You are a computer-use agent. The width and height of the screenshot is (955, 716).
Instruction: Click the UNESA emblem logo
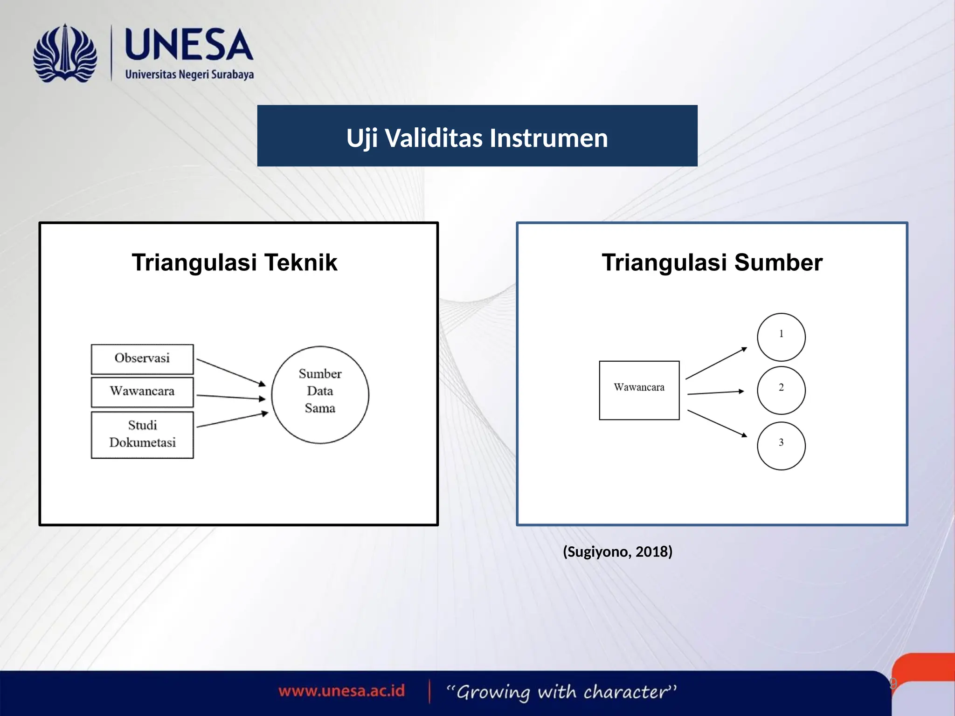65,54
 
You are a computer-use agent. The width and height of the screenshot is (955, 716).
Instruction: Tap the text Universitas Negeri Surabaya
189,75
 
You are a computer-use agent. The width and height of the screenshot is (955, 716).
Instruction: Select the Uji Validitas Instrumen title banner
477,136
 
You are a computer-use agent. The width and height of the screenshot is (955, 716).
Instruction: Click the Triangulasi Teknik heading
234,262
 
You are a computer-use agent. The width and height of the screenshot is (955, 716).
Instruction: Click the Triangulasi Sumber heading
712,262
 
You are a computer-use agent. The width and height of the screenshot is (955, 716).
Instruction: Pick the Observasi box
142,359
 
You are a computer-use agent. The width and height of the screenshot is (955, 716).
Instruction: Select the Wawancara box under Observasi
142,392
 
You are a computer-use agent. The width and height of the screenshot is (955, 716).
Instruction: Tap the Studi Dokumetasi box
142,434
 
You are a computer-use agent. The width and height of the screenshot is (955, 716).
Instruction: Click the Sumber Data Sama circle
320,394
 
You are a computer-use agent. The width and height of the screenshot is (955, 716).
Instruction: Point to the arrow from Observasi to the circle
231,372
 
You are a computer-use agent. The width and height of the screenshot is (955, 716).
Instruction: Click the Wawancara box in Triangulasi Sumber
639,390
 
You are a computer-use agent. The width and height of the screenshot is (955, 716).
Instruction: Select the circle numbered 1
781,337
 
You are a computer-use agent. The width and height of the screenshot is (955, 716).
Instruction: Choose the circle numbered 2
781,390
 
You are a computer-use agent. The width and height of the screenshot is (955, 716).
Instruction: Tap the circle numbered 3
781,446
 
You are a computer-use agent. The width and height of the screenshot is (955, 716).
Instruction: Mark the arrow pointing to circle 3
717,423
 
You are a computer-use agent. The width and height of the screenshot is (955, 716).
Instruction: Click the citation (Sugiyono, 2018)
617,552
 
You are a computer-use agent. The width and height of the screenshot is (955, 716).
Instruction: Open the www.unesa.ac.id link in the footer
342,691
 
